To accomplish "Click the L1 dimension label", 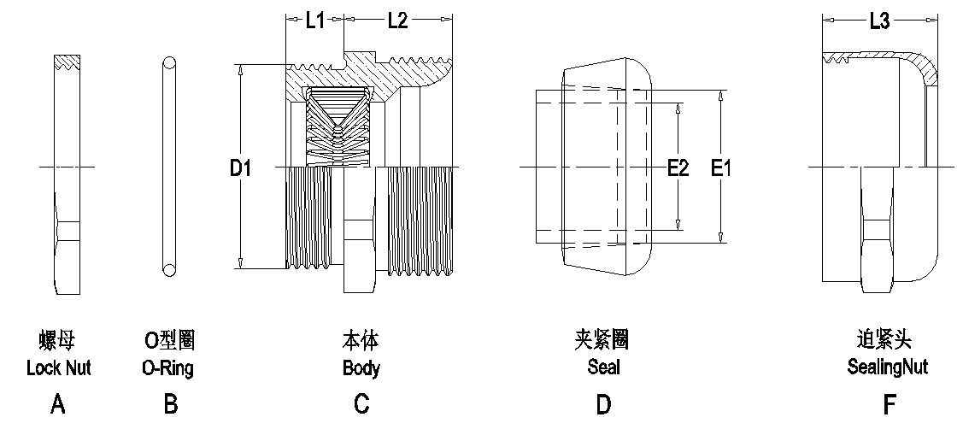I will [315, 21].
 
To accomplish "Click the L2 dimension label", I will [397, 21].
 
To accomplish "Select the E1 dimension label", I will [722, 169].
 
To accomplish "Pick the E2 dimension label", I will [678, 169].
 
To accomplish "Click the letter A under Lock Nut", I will [58, 404].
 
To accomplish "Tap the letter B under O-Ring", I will [170, 404].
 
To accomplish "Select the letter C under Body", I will [361, 404].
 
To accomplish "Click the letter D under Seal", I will [603, 404].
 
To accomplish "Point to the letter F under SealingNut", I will [890, 404].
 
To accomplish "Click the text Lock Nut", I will [58, 369].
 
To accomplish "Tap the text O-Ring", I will [167, 369].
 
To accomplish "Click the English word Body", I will [361, 369].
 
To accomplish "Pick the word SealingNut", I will [887, 368].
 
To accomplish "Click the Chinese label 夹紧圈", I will [602, 340].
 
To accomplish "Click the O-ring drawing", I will [169, 166].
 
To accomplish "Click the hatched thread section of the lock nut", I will [66, 62].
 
